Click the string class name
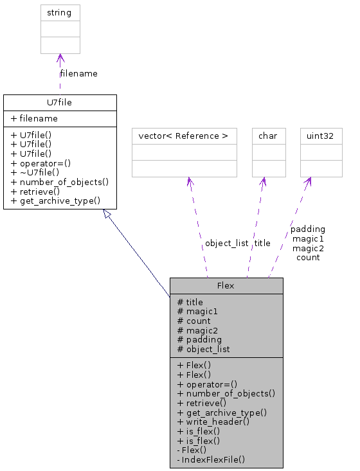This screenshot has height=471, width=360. click(60, 12)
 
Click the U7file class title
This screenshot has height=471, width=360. click(60, 102)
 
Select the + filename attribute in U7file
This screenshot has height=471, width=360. click(34, 119)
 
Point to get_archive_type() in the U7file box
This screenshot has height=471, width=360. click(56, 201)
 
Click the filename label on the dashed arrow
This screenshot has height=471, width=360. click(79, 73)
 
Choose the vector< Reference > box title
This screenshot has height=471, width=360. click(184, 136)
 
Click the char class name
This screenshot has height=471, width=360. click(267, 136)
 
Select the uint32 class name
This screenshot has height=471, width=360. click(321, 136)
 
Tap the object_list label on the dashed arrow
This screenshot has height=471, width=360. click(226, 244)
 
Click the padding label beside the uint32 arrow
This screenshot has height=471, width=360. click(308, 229)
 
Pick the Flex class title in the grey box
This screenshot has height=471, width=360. click(226, 285)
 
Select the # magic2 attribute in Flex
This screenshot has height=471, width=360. click(194, 330)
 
